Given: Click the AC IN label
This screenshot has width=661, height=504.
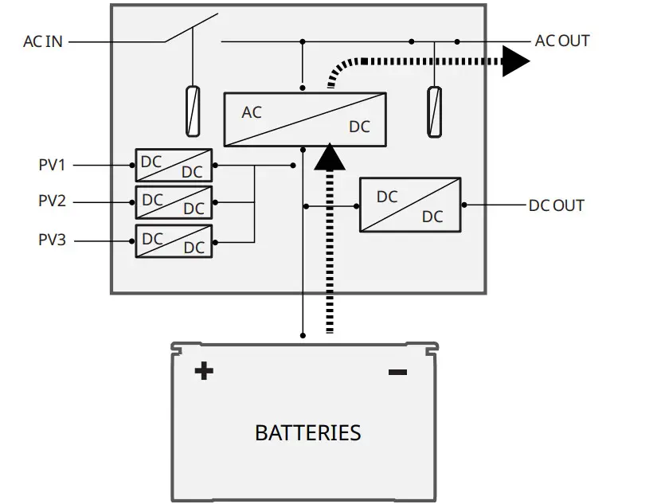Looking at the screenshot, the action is click(43, 41).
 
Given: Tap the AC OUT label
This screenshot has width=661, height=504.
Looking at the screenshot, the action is click(562, 41).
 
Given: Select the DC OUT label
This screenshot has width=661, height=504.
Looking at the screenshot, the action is click(557, 205).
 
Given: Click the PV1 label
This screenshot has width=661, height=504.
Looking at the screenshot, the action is click(52, 165).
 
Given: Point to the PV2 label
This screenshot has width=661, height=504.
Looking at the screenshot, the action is click(52, 201).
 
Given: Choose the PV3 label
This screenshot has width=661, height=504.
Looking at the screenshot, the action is click(52, 240).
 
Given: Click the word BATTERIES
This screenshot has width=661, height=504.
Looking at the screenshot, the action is click(308, 433).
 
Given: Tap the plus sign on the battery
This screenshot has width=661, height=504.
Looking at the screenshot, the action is click(204, 371).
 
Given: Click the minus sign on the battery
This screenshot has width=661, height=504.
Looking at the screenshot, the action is click(397, 372).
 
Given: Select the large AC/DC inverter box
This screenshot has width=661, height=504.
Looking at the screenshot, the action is click(305, 119).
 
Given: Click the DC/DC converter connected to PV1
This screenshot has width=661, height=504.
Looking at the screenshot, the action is click(174, 165).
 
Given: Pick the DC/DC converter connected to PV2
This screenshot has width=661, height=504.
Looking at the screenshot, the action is click(174, 203).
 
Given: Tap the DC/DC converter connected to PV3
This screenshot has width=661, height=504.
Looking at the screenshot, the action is click(174, 241).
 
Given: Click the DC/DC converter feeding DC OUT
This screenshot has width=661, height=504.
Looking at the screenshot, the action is click(410, 205).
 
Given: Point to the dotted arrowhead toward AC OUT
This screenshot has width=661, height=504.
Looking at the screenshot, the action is click(516, 61).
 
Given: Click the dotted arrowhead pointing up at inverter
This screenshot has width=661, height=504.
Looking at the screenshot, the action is click(330, 157).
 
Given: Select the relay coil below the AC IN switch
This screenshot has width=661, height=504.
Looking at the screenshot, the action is click(193, 111).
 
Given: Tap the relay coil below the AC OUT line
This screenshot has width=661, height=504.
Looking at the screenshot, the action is click(435, 112).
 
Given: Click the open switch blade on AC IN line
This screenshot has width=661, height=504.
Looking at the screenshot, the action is click(191, 28).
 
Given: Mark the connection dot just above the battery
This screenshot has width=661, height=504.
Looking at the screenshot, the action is click(303, 335).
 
